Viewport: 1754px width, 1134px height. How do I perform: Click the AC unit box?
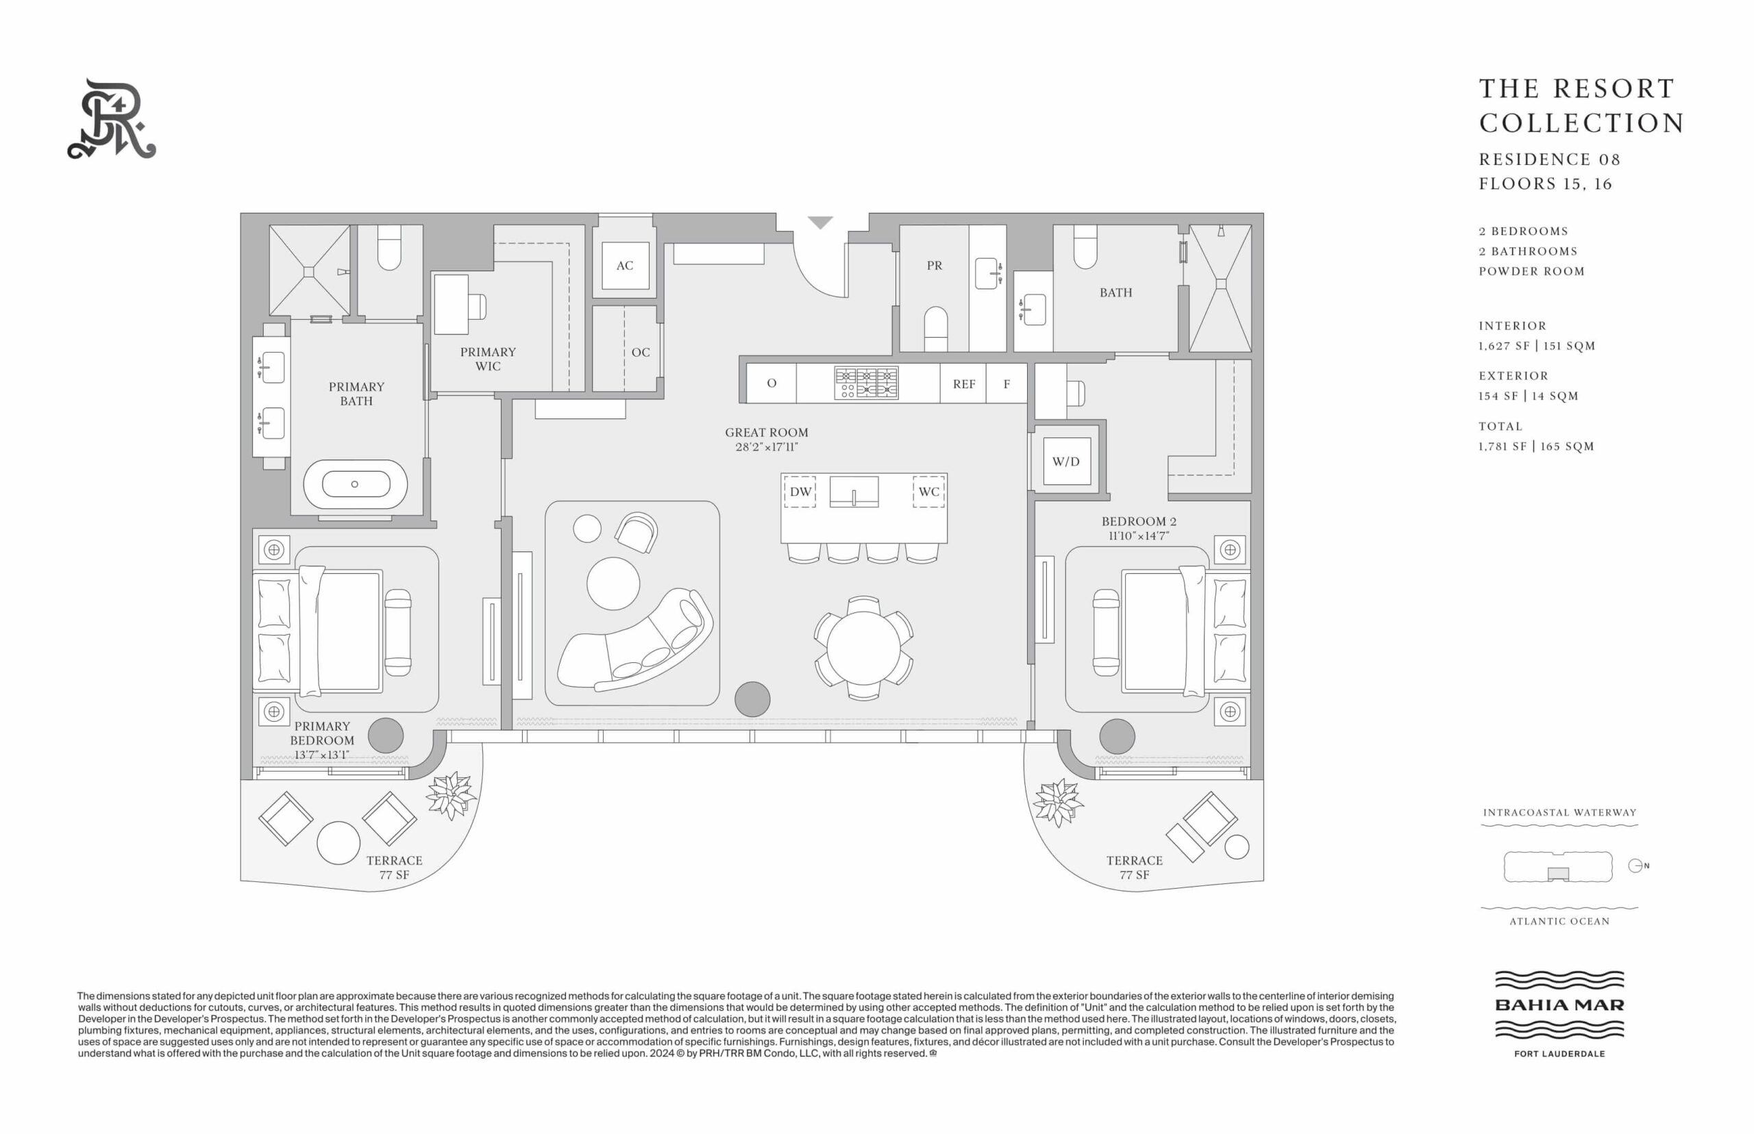click(625, 265)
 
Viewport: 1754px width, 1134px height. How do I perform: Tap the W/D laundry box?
click(1066, 462)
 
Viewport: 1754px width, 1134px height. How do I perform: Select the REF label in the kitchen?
click(963, 383)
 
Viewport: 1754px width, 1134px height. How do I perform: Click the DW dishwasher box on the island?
click(800, 492)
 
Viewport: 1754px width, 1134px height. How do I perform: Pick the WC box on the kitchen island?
click(928, 492)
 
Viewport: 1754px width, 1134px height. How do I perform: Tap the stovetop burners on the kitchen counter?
click(866, 383)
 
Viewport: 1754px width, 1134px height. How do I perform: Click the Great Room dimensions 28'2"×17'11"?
click(766, 447)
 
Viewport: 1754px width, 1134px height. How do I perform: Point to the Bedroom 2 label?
click(1139, 521)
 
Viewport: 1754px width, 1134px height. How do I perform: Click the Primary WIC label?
click(488, 359)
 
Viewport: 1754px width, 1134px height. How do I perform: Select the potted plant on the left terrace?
click(450, 795)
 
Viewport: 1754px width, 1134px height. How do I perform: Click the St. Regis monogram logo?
click(112, 118)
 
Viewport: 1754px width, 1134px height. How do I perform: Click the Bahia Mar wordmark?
click(1559, 1005)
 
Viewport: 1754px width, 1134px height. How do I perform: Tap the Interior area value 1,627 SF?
click(1505, 345)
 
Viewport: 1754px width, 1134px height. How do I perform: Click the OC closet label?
click(640, 352)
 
